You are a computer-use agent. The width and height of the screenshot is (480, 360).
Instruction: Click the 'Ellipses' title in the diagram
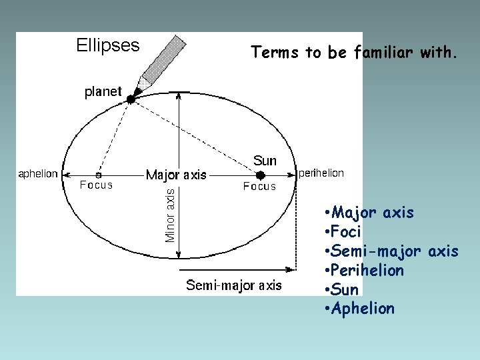(107, 45)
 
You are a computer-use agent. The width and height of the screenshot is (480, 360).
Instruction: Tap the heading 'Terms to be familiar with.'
(354, 53)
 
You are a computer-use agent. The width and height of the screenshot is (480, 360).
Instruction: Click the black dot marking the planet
(131, 99)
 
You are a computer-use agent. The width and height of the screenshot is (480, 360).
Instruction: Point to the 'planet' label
(103, 92)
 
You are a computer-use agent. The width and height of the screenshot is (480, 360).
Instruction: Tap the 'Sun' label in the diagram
(265, 161)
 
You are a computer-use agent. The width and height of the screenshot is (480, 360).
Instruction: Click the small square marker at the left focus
(99, 175)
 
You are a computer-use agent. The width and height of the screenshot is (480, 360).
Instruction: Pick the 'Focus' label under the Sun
(259, 187)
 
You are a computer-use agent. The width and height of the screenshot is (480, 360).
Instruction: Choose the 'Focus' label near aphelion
(97, 185)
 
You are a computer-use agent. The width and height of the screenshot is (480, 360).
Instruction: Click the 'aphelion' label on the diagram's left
(38, 173)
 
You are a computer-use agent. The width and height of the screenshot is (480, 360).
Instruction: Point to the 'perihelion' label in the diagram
(321, 173)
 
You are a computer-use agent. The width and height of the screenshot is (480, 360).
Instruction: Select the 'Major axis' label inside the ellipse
(176, 175)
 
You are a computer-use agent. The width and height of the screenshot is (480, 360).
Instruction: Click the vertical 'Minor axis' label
(171, 214)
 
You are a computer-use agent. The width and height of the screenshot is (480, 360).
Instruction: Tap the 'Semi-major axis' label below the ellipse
(234, 285)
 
